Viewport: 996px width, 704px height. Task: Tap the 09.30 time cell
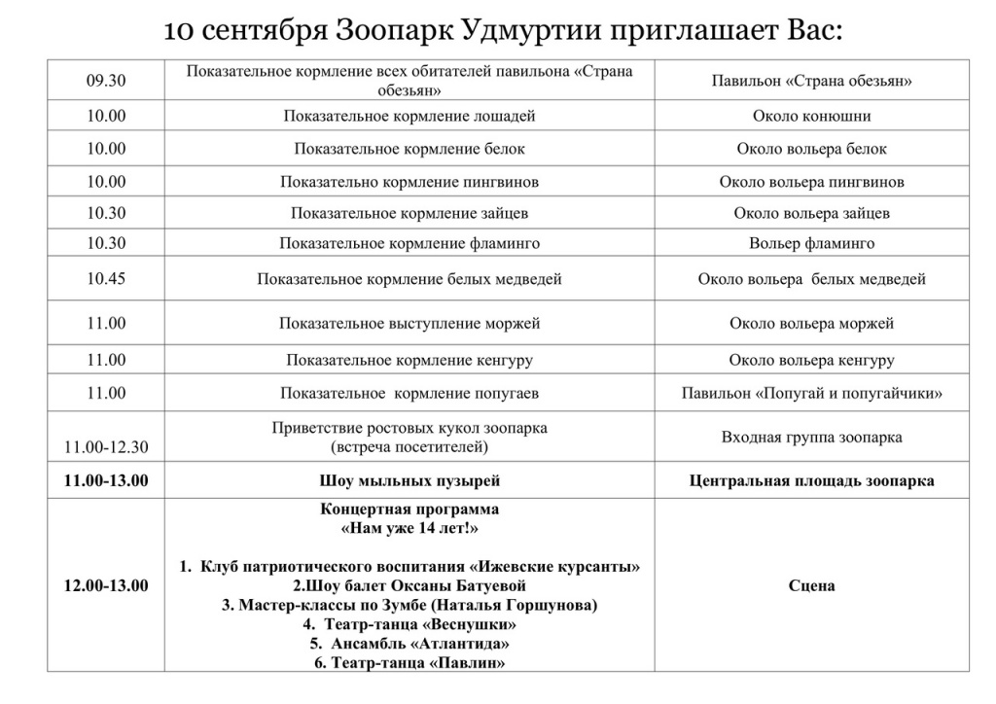point(106,81)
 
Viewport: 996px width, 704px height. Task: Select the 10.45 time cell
point(106,279)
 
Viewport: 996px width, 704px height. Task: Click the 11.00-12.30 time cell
point(106,447)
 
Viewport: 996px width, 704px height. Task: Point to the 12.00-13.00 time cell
point(106,585)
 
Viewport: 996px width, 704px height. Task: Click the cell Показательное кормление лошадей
point(409,116)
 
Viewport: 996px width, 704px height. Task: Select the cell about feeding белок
point(409,149)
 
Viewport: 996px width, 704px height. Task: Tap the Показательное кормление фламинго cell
point(409,243)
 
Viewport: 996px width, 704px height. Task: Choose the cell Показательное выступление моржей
point(409,323)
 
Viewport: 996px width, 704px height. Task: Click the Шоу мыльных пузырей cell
point(409,480)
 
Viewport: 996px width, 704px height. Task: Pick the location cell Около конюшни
point(811,116)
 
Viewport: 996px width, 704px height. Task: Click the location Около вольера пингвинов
point(811,182)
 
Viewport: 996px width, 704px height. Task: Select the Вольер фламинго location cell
point(811,243)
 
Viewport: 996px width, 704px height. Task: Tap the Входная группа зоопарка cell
point(811,437)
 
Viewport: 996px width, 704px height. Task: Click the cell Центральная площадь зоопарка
point(811,480)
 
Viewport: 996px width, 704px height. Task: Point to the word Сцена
point(811,585)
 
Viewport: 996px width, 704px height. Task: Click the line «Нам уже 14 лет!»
point(409,528)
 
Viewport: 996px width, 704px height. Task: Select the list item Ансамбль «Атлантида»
point(409,644)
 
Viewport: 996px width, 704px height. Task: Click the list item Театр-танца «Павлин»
point(409,663)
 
